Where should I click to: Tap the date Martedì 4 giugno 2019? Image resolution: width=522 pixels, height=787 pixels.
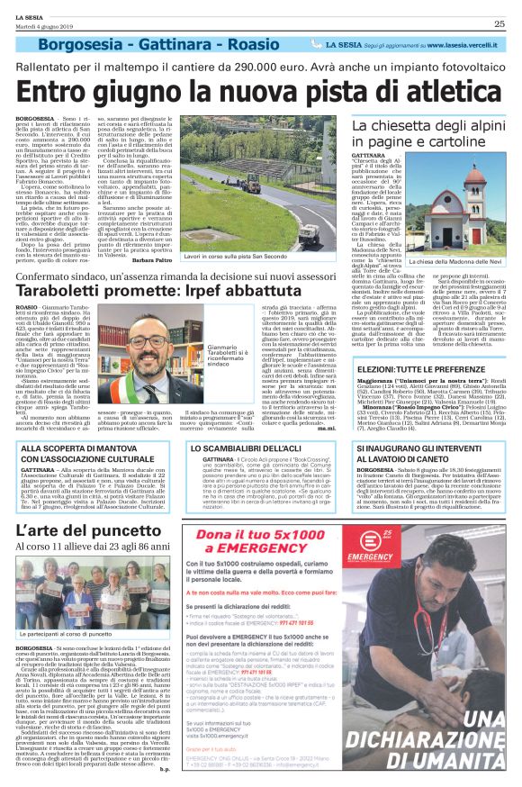pos(42,24)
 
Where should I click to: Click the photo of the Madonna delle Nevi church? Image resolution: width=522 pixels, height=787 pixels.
pos(460,217)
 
